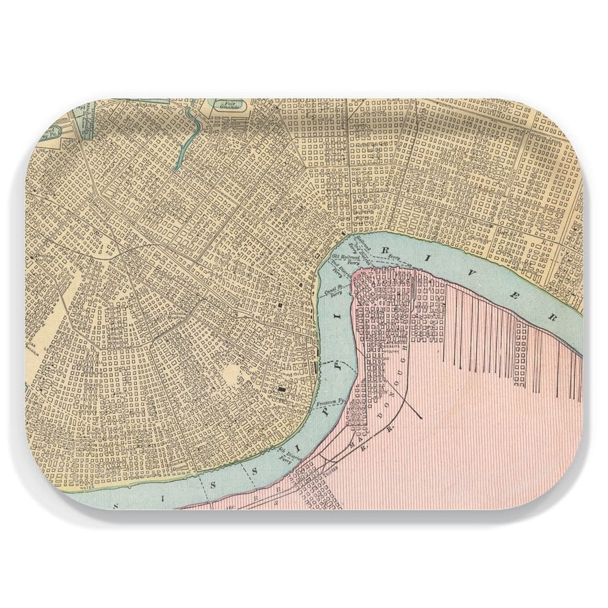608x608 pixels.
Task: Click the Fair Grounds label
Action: pyautogui.click(x=226, y=105)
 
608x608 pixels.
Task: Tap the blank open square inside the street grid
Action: pyautogui.click(x=233, y=373)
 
